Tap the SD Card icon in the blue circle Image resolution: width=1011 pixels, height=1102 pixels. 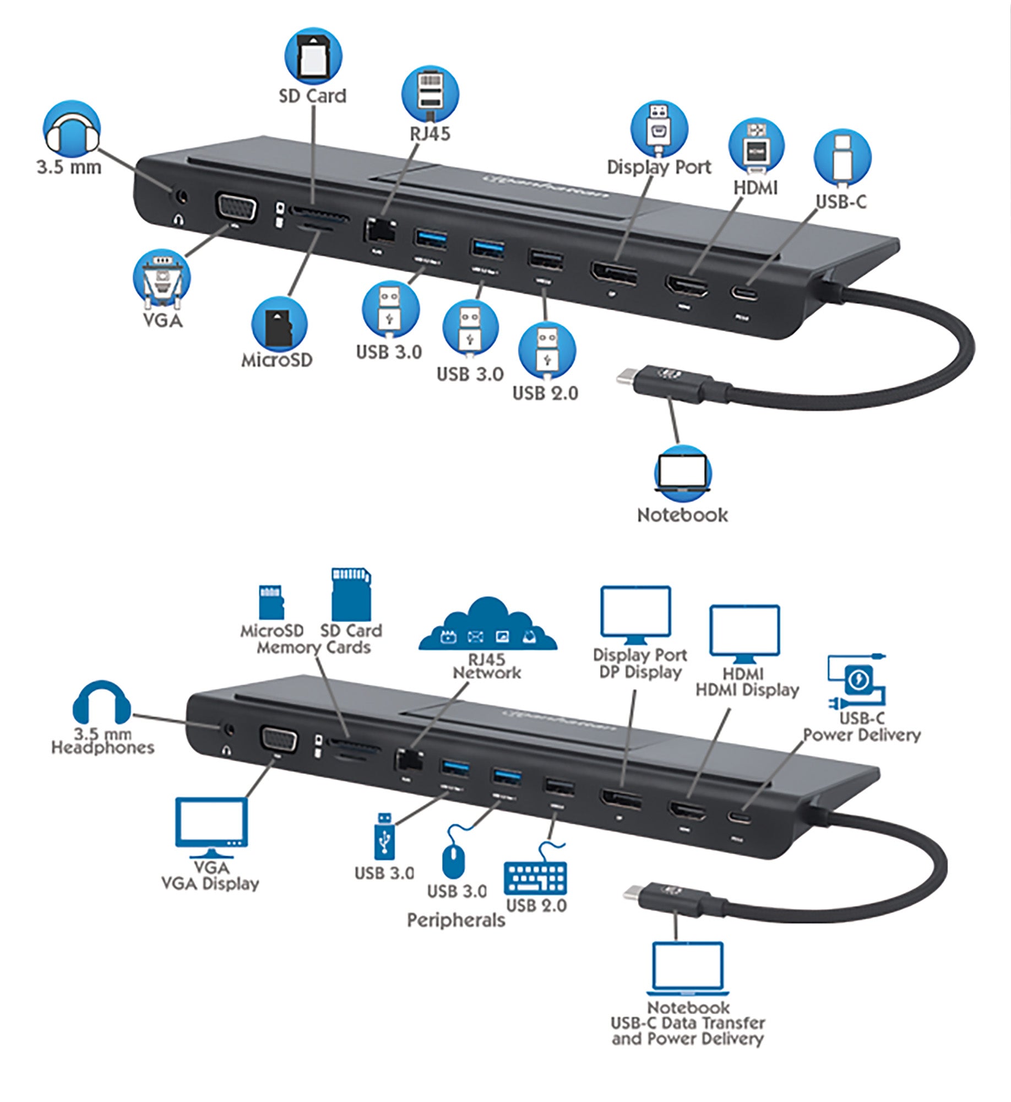[x=313, y=56]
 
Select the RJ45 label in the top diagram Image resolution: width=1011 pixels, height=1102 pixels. [x=430, y=134]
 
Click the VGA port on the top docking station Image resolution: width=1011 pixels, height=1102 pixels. [x=233, y=208]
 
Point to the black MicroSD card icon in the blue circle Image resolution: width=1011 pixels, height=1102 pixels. [x=279, y=325]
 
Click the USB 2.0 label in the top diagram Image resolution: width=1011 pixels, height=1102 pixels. [x=545, y=393]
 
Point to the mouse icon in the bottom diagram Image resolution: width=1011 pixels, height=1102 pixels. [x=453, y=855]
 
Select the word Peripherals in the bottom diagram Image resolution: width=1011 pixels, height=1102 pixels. [x=455, y=921]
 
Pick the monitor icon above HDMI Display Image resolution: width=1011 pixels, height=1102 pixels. [x=744, y=634]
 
